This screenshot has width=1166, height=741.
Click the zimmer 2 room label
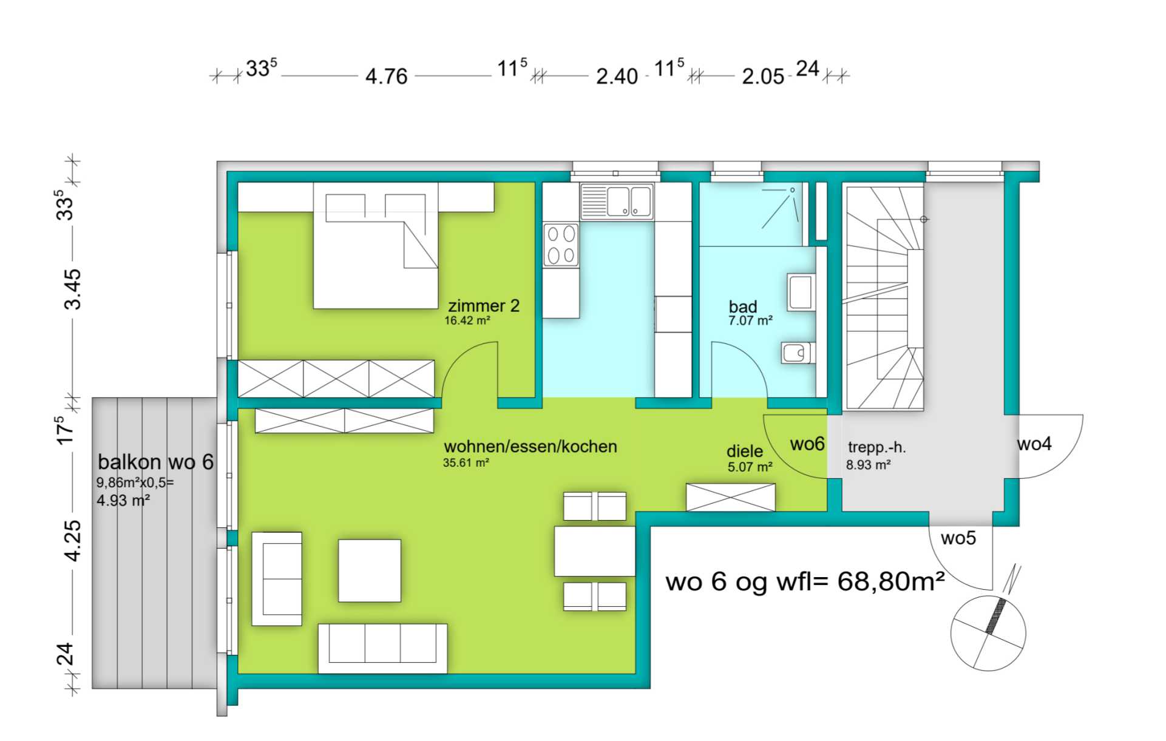[x=484, y=305]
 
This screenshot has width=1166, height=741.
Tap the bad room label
[x=742, y=306]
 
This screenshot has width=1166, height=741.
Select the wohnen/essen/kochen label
[x=530, y=447]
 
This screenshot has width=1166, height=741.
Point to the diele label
[x=745, y=452]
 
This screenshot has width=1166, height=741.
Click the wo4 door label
[x=1034, y=444]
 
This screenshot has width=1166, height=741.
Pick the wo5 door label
[x=958, y=538]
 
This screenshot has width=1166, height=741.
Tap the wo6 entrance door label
[x=807, y=444]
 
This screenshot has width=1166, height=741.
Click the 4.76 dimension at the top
[x=387, y=76]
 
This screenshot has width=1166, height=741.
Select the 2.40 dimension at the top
[x=617, y=76]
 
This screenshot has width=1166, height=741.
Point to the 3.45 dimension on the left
[x=72, y=289]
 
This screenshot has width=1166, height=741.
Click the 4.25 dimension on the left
[x=72, y=541]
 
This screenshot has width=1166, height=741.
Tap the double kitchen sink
[x=617, y=201]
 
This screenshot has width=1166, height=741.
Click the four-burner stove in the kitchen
[x=561, y=245]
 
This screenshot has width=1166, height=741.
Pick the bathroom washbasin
[x=801, y=293]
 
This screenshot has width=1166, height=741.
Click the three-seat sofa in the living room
[x=382, y=648]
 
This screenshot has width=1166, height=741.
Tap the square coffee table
[x=370, y=570]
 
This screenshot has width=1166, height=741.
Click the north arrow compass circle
[x=988, y=633]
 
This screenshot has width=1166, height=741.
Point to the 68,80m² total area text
[x=891, y=581]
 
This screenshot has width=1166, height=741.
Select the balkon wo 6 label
[x=156, y=462]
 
